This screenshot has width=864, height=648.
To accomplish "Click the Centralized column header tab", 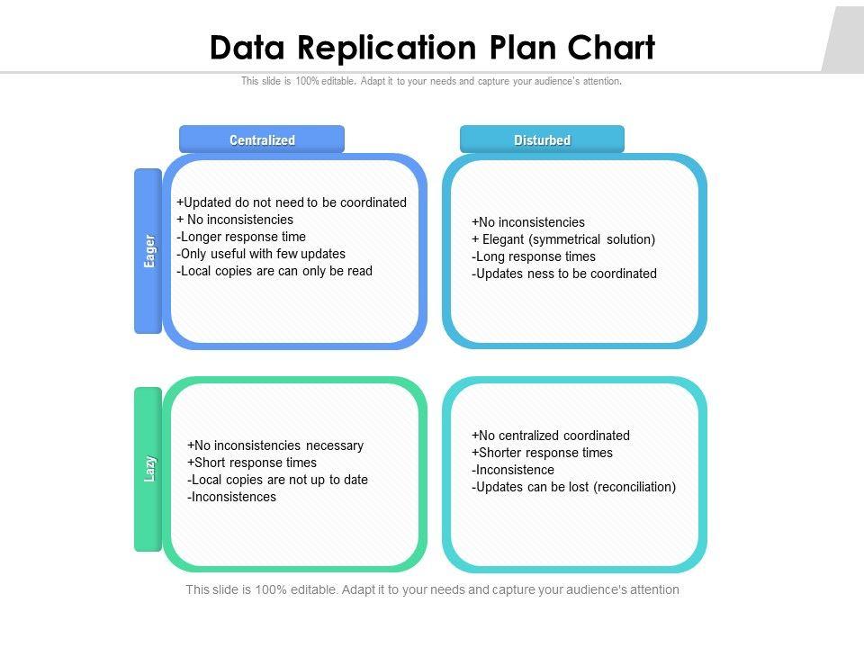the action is pos(262,139).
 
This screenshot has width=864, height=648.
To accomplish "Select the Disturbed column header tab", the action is pos(542,139).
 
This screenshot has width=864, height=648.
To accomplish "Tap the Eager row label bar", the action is pos(148,250).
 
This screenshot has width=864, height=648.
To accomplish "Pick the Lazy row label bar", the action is pos(148,468).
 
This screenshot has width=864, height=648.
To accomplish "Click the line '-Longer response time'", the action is pos(241,237).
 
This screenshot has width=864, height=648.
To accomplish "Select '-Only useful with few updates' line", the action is pos(261,254).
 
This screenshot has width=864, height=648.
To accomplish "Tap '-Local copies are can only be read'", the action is pos(274,271).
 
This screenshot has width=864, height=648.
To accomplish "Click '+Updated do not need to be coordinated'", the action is pos(292,202).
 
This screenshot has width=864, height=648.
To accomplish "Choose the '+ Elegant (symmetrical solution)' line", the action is pos(563,239).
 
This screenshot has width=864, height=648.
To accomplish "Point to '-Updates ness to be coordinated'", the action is pos(564,274).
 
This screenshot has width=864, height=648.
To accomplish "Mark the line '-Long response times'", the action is pos(534,256).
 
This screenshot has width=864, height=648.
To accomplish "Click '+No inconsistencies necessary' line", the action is pos(275,445).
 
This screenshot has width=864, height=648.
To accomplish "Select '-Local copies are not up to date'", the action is pos(278,480).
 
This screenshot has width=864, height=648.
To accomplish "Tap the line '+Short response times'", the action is pos(252,463).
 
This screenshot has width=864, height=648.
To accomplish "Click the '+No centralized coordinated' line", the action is pos(551,436).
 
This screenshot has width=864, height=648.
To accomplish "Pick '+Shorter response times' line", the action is pos(542,453).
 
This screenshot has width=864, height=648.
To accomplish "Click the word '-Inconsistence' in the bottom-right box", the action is pos(513,470).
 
